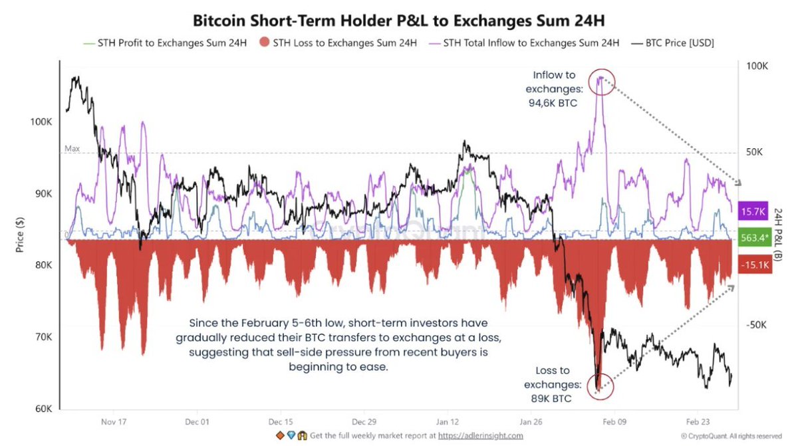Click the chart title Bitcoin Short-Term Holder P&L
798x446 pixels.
tap(399, 20)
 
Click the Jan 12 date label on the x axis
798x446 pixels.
tap(448, 421)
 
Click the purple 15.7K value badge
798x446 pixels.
tap(753, 211)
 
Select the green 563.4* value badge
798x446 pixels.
tap(753, 238)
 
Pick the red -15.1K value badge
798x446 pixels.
tap(753, 265)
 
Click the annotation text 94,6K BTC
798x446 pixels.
tap(550, 103)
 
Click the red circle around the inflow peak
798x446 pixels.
tap(602, 82)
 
